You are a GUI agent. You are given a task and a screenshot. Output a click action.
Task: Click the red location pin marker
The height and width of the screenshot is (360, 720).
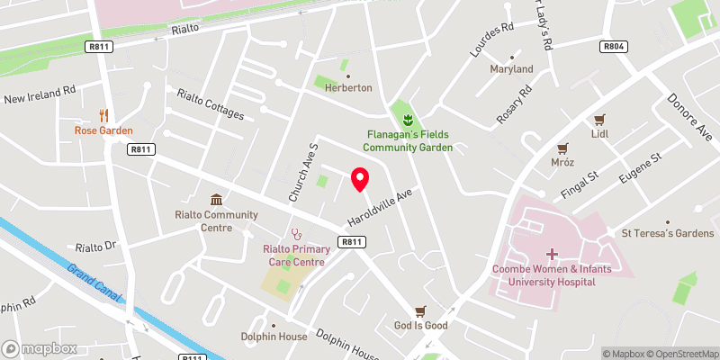[360, 180]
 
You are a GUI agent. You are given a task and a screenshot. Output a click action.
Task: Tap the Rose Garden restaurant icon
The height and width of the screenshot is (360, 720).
[103, 115]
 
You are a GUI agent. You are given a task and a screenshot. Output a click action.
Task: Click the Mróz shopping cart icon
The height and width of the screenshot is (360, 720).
[563, 148]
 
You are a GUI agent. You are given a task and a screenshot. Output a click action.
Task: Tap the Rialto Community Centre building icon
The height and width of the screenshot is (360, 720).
[216, 199]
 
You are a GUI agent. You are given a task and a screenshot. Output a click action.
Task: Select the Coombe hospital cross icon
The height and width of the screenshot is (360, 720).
[551, 255]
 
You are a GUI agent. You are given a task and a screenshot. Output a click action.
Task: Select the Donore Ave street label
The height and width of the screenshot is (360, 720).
[689, 117]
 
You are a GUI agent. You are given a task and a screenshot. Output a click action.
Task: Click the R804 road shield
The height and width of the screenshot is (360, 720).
[614, 46]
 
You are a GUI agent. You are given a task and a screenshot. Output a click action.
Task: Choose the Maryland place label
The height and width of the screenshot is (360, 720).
[511, 69]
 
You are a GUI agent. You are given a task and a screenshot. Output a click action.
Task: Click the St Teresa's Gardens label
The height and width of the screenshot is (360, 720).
[667, 234]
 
